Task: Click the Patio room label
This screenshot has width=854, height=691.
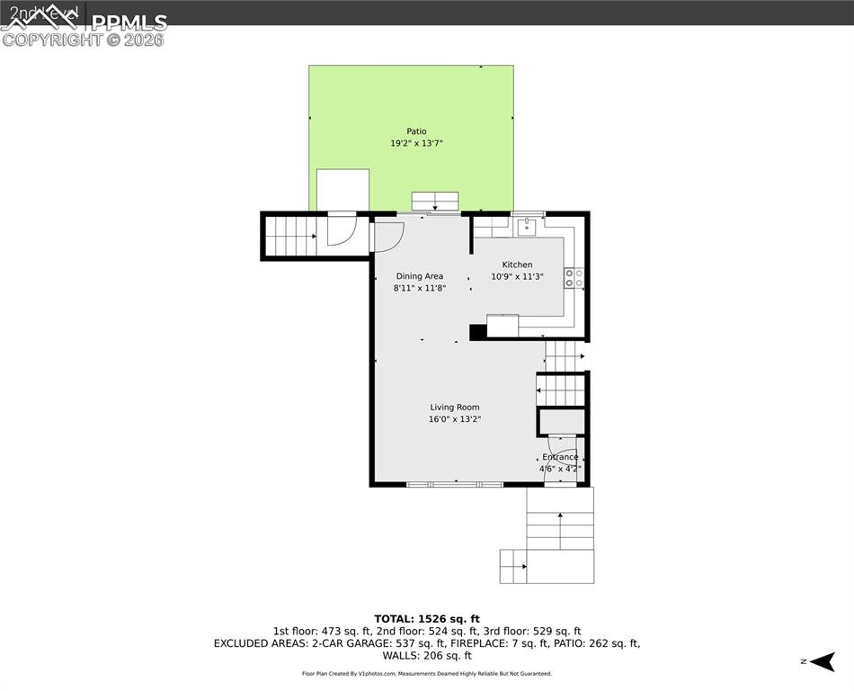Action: [416, 131]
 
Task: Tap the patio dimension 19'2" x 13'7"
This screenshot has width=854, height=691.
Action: [416, 143]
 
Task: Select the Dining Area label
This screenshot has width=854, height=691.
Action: [419, 276]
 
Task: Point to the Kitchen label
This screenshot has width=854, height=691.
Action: [517, 265]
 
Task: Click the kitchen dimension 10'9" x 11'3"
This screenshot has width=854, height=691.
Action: [517, 276]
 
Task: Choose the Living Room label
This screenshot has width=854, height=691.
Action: [454, 407]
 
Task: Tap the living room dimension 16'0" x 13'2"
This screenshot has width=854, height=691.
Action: [454, 418]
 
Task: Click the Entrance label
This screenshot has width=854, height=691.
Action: [560, 457]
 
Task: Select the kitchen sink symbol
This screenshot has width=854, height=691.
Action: [527, 227]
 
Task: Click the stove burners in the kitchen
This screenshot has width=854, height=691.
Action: [574, 278]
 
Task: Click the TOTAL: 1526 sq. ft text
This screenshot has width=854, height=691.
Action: [427, 618]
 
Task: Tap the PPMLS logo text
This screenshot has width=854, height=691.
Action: [129, 22]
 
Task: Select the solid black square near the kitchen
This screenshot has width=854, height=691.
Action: [478, 332]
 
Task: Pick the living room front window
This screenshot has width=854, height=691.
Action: [454, 484]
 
